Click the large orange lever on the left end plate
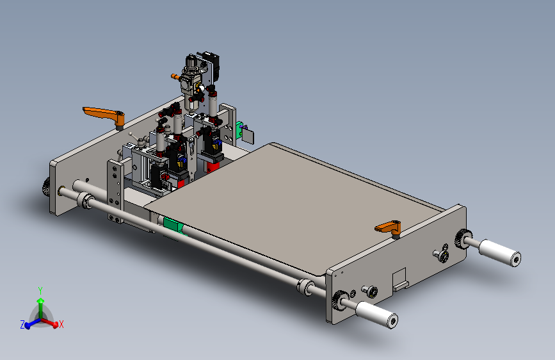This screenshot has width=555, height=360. tap(104, 115)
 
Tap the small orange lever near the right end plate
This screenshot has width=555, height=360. tap(389, 227)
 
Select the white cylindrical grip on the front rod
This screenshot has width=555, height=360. tap(376, 315)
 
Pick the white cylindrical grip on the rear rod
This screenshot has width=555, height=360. tap(500, 252)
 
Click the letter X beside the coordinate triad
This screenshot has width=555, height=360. tap(61, 324)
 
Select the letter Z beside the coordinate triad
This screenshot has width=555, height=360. tap(22, 325)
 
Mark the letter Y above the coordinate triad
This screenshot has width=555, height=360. tap(40, 291)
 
